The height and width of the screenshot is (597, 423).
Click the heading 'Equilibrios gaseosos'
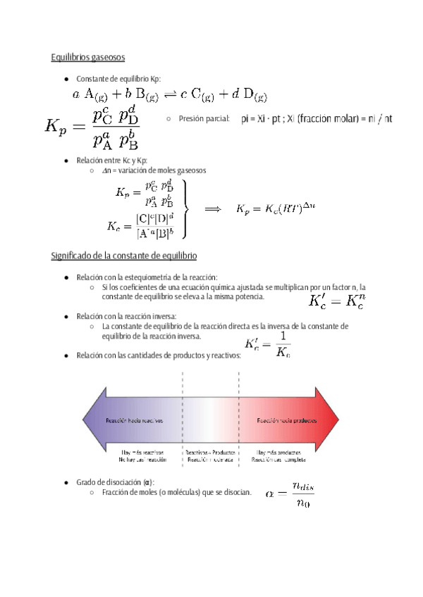coord(88,57)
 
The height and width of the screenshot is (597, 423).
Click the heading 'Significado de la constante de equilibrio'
coord(123,255)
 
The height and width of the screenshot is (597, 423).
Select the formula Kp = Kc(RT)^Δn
coord(276,209)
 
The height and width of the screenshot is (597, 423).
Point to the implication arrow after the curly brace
coord(214,209)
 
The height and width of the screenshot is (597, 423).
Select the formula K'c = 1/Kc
coord(267,344)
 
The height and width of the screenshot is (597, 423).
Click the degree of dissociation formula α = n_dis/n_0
coord(290,494)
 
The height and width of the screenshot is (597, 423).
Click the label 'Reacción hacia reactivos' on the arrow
coord(134,420)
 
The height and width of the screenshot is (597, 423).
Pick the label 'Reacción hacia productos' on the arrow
coord(286,420)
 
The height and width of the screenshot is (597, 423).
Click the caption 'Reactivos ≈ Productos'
coord(210,453)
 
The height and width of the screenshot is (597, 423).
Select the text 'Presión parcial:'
coord(204,120)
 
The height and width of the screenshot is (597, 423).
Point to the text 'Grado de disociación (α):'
coord(115,482)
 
